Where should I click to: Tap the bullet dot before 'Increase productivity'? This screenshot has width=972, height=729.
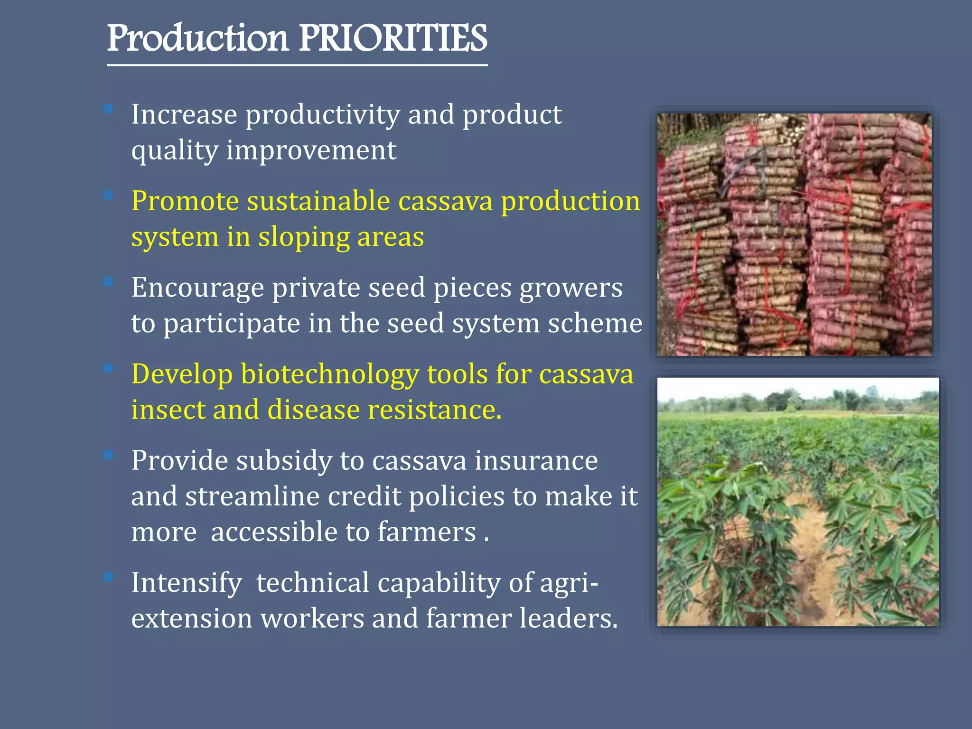click(108, 109)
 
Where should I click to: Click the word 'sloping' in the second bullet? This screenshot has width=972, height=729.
click(303, 237)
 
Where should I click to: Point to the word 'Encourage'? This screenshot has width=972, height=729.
click(197, 288)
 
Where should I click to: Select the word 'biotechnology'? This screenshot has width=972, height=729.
click(330, 374)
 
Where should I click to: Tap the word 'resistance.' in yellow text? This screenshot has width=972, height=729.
click(434, 410)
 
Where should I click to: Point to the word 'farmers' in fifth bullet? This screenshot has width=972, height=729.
click(427, 532)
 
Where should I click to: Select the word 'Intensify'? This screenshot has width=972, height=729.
click(187, 583)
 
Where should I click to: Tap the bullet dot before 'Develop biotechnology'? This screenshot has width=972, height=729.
click(108, 368)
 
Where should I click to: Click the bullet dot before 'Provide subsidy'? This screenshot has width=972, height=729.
click(108, 455)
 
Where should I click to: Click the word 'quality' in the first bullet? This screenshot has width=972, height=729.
click(174, 151)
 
